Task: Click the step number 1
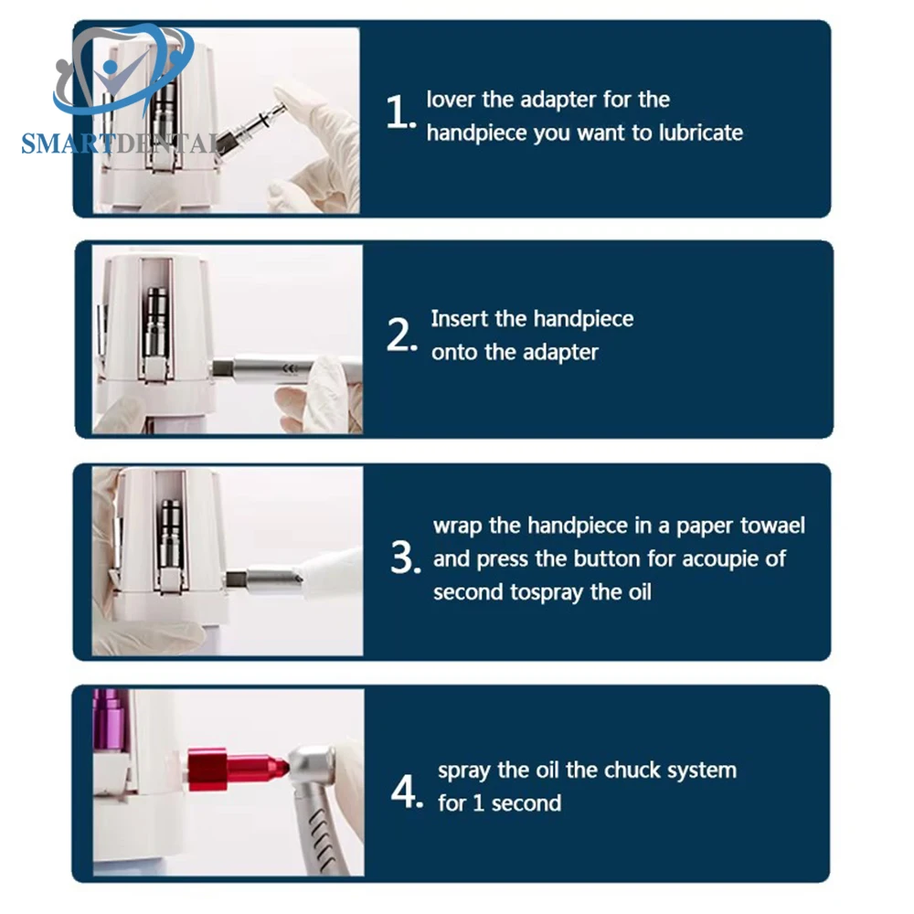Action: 400,112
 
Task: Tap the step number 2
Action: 401,335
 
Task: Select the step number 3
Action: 406,558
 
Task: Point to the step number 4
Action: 407,791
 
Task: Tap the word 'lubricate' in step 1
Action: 701,133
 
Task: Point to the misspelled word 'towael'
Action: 772,526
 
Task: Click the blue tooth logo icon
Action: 123,69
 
